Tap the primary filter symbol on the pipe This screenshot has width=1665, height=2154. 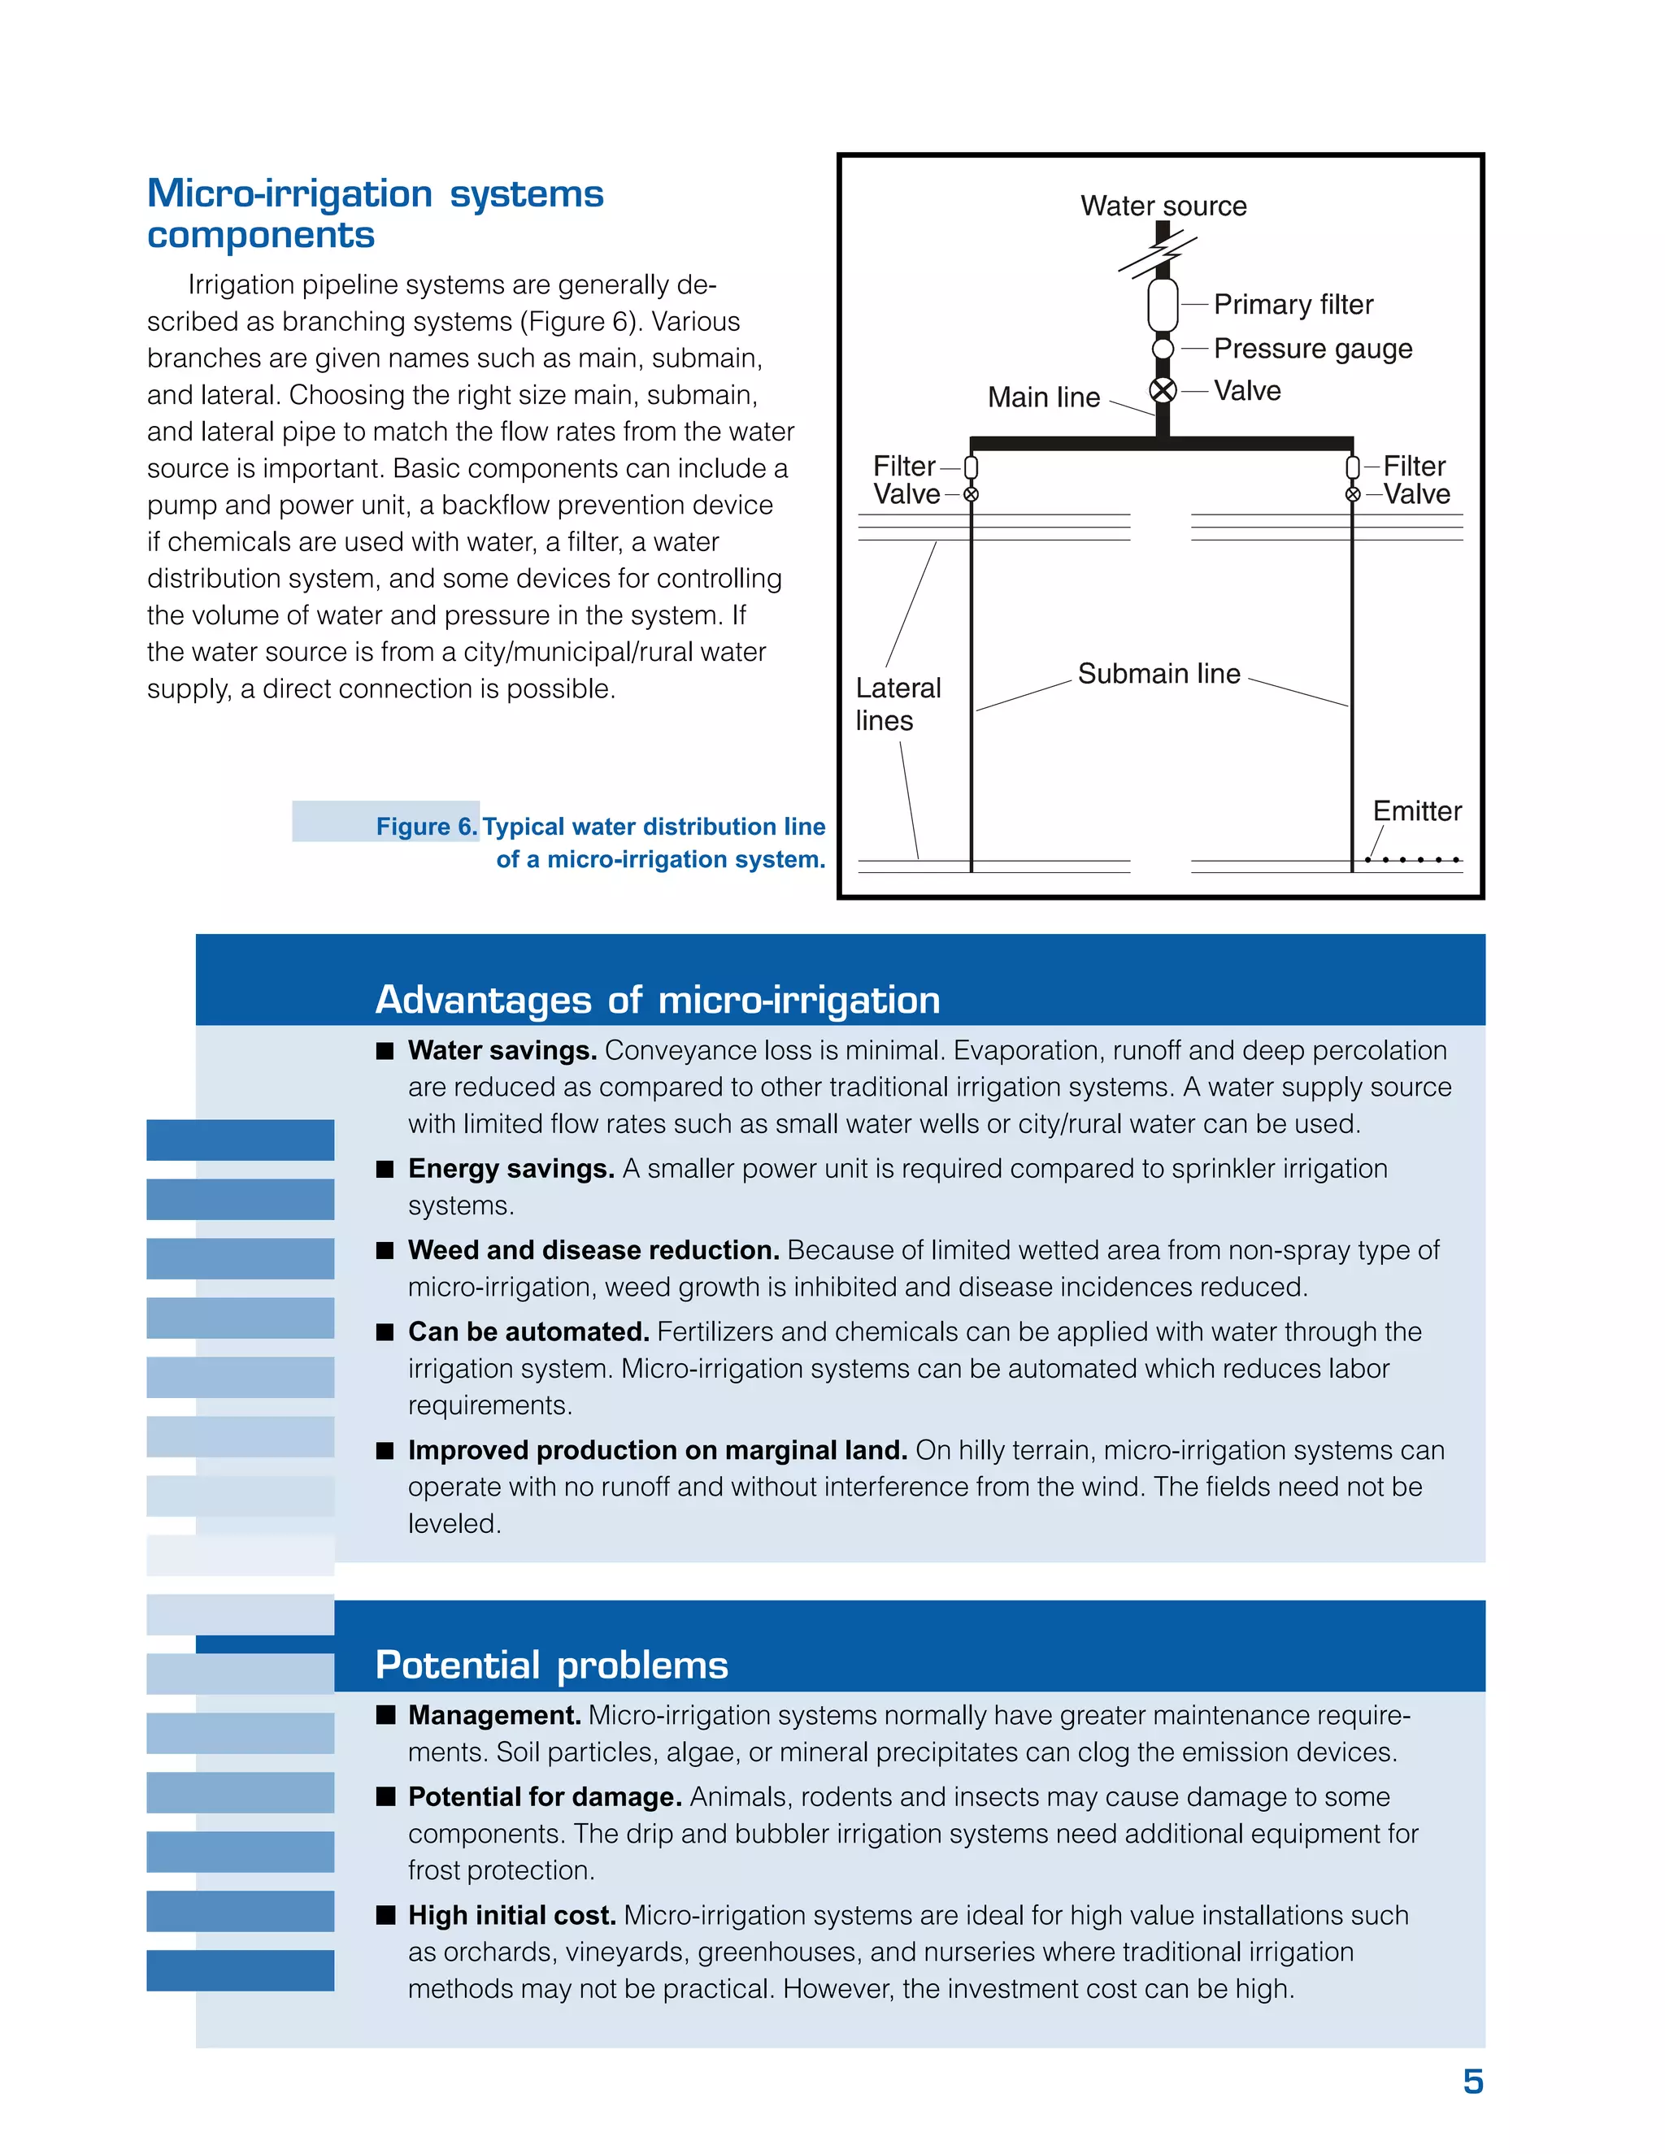1163,306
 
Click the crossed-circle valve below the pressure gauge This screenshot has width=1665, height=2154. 1163,390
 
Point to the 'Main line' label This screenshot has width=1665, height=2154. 1044,397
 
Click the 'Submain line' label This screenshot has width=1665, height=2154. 1159,674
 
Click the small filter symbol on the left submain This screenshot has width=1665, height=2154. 971,467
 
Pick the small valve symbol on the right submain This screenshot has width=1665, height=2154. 1352,494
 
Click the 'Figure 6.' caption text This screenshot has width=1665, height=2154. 426,827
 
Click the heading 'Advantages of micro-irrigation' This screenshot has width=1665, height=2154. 657,1000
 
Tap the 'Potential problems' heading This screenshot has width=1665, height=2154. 551,1665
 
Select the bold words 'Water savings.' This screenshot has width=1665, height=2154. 502,1050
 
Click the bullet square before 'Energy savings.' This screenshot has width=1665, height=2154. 385,1170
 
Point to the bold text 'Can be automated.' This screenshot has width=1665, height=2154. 528,1332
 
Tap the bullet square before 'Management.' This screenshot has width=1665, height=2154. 385,1715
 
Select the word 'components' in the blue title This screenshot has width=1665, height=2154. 260,236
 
